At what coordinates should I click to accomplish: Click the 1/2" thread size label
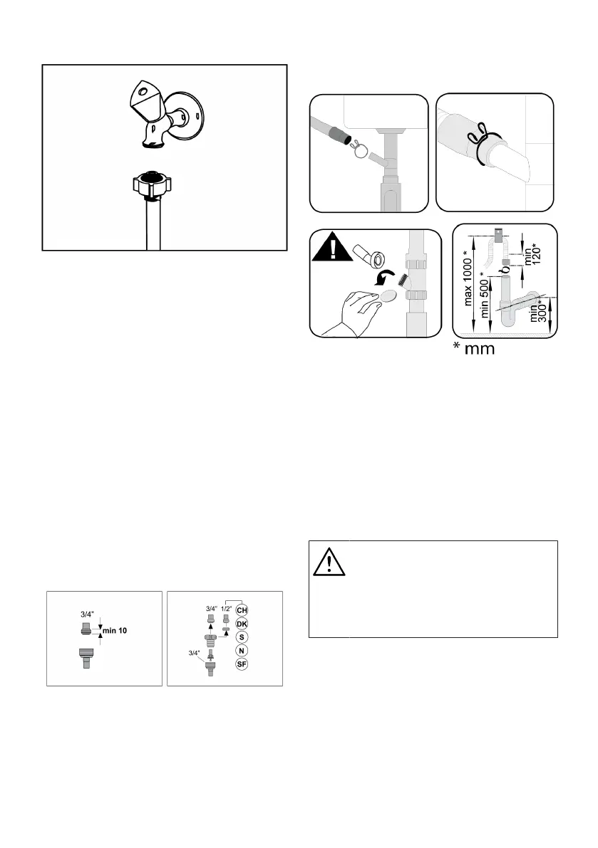[226, 608]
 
